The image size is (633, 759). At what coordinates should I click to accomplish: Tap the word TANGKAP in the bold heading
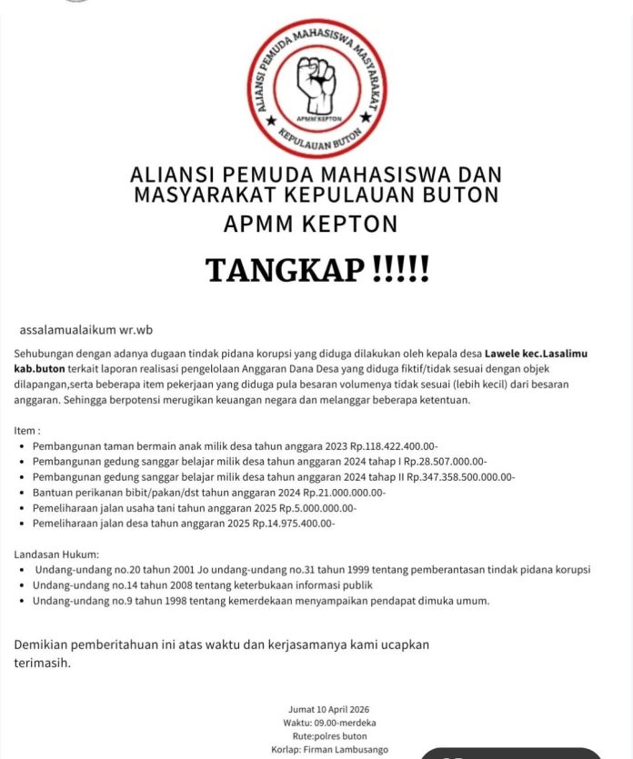point(285,270)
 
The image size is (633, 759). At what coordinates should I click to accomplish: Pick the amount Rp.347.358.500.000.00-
point(460,477)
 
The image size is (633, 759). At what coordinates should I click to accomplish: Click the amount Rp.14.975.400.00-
point(294,524)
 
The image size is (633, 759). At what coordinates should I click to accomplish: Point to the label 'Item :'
point(28,429)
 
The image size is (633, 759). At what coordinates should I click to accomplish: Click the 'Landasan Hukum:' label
point(57,554)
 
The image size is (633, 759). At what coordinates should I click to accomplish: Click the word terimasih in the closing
point(42,663)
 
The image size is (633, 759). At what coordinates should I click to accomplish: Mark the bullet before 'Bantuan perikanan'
point(22,493)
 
